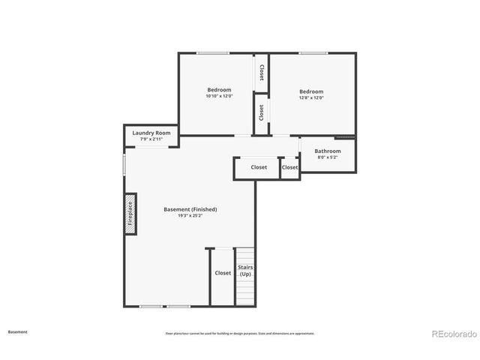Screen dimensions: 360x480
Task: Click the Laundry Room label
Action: click(x=151, y=133)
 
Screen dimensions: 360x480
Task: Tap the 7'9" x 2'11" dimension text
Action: click(x=151, y=139)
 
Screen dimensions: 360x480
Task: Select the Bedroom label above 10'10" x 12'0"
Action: click(x=219, y=90)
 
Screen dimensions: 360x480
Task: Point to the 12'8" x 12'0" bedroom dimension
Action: click(x=311, y=97)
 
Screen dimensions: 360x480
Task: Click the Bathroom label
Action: click(x=328, y=151)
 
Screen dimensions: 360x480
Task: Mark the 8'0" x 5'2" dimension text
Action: click(x=328, y=157)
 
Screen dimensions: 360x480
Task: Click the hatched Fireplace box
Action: click(x=130, y=213)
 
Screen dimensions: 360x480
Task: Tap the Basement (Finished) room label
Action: click(x=190, y=209)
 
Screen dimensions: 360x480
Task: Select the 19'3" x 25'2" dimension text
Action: click(x=190, y=216)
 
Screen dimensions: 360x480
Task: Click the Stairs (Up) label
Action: click(x=245, y=270)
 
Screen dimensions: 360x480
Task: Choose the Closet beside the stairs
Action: click(x=223, y=273)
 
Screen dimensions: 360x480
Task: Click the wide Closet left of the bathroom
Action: click(x=259, y=167)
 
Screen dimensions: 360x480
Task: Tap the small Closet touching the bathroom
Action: click(x=290, y=167)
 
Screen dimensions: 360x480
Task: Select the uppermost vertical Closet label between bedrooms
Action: click(x=261, y=72)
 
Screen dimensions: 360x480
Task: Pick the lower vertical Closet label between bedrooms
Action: click(x=261, y=112)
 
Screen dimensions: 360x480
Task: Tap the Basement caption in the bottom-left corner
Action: click(x=18, y=331)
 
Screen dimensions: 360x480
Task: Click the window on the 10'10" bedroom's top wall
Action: click(x=213, y=52)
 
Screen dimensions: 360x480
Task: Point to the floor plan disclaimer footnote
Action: click(x=239, y=333)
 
